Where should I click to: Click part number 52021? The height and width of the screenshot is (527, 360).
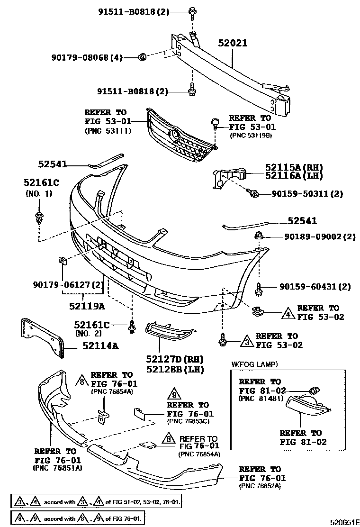point(233,44)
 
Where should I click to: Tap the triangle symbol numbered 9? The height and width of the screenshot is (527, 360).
point(174,394)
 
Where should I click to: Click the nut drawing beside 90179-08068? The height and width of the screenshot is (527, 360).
point(141,58)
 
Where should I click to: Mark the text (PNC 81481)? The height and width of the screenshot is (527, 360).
point(261,399)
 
